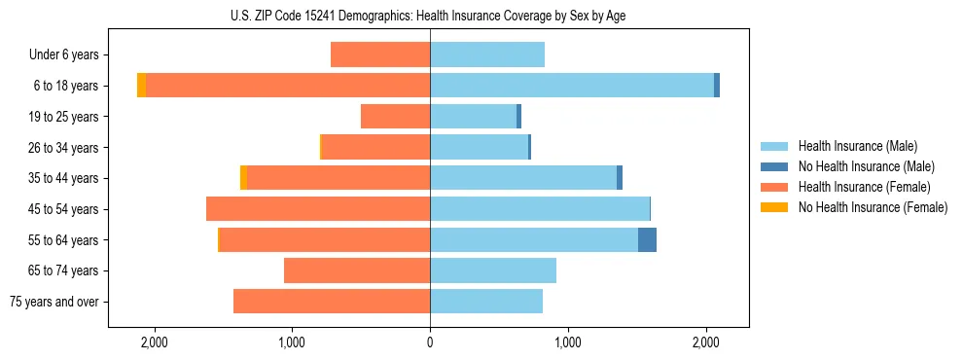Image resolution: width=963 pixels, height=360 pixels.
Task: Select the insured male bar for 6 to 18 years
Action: [572, 86]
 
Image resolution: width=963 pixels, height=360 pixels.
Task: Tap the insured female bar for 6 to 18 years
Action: [288, 86]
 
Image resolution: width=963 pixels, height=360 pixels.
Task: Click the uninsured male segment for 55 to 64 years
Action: [647, 239]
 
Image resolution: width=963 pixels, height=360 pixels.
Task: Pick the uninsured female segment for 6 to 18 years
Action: [142, 86]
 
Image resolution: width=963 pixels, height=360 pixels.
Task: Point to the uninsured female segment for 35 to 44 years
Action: [243, 178]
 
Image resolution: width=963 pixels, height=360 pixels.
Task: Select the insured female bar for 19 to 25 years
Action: [395, 117]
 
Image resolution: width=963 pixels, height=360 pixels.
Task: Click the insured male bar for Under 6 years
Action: [487, 54]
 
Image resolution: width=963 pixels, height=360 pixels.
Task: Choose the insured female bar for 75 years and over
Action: [332, 302]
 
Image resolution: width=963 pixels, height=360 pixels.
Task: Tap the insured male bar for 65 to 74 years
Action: [493, 270]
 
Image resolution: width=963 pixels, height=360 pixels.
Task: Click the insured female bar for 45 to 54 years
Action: [318, 209]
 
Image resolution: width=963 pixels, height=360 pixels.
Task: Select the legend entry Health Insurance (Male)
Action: [856, 146]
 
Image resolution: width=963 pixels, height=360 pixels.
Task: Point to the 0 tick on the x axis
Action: [430, 342]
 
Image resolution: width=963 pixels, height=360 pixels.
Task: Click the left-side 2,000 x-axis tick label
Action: [155, 342]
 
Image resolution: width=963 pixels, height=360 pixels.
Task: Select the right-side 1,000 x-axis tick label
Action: [568, 342]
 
